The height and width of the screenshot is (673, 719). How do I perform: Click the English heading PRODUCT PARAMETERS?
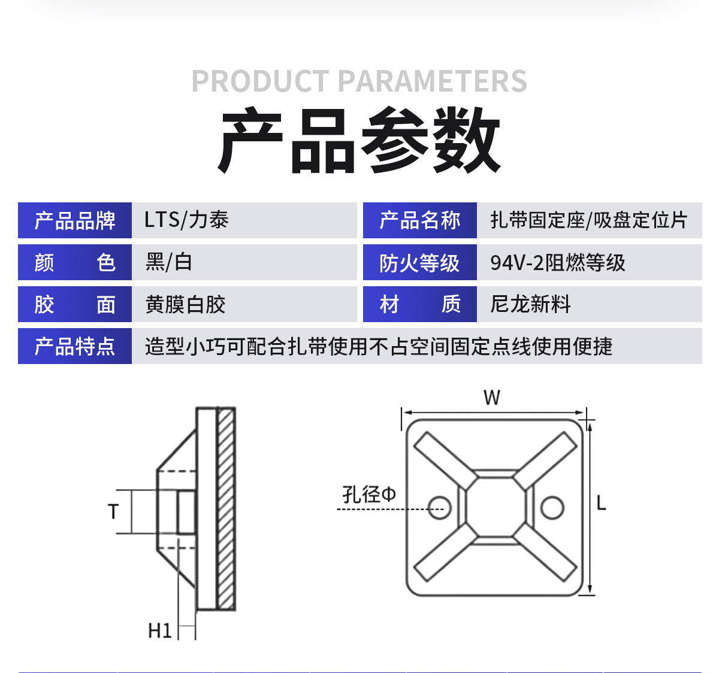(359, 81)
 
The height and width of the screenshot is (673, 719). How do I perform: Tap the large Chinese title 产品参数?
(359, 141)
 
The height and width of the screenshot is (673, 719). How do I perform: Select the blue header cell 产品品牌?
(75, 221)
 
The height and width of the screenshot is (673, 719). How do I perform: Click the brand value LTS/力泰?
(186, 220)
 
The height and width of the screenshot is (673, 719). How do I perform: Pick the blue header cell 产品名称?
(419, 221)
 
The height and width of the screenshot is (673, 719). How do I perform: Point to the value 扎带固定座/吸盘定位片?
(588, 220)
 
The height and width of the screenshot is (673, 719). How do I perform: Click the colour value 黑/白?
(168, 262)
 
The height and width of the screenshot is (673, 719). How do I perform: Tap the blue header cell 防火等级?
(419, 263)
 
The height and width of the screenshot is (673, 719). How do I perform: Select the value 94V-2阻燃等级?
(557, 263)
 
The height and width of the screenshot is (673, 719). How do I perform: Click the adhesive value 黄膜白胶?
(185, 305)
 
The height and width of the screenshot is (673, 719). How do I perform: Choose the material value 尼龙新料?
(530, 304)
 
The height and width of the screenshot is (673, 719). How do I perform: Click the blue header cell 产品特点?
(75, 347)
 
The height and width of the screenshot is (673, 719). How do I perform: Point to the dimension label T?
(113, 512)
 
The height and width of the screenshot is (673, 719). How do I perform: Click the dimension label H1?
(160, 630)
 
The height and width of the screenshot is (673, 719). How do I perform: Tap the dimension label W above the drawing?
(492, 398)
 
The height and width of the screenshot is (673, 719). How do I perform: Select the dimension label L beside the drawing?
(602, 503)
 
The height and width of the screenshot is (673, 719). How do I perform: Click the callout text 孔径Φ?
(369, 495)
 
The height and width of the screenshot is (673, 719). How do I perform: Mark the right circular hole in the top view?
(552, 508)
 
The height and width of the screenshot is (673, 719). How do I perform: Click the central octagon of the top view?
(496, 507)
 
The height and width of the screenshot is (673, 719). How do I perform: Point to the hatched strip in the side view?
(226, 509)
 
